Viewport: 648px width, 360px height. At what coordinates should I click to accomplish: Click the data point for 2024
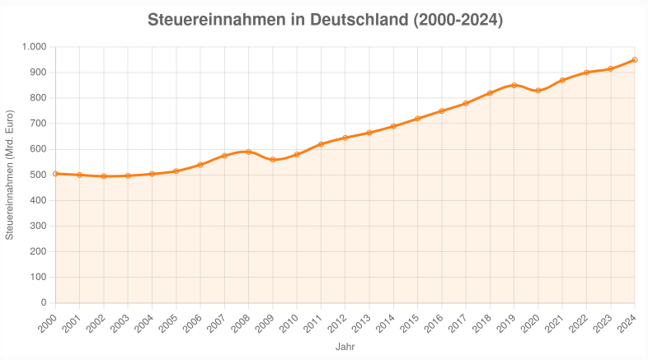pyautogui.click(x=635, y=59)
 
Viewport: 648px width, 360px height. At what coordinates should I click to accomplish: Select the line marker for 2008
pyautogui.click(x=248, y=152)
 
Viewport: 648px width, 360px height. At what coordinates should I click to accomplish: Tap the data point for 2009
pyautogui.click(x=273, y=160)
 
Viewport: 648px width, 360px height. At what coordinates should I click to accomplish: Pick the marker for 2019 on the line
pyautogui.click(x=514, y=85)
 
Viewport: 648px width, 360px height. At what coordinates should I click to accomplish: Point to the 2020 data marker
pyautogui.click(x=538, y=91)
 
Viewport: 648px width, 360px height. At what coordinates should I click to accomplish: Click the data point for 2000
pyautogui.click(x=55, y=174)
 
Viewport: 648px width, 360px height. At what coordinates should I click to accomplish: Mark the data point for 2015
pyautogui.click(x=417, y=119)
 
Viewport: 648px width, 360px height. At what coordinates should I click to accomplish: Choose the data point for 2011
pyautogui.click(x=321, y=144)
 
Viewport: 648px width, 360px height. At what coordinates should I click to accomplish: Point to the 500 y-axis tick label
pyautogui.click(x=37, y=175)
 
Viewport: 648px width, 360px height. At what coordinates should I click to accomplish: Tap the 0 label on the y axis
pyautogui.click(x=42, y=303)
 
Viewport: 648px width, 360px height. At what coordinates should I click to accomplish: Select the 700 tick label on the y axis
pyautogui.click(x=37, y=124)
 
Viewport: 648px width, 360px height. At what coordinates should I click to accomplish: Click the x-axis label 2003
pyautogui.click(x=120, y=324)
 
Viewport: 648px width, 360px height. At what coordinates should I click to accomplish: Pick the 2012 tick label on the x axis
pyautogui.click(x=338, y=324)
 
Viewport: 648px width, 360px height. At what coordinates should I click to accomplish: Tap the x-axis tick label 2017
pyautogui.click(x=458, y=324)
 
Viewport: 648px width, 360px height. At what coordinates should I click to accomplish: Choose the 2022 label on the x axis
pyautogui.click(x=580, y=324)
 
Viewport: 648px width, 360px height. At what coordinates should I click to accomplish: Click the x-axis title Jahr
pyautogui.click(x=345, y=347)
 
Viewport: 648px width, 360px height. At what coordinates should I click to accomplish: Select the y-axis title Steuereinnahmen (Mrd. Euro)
pyautogui.click(x=10, y=175)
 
